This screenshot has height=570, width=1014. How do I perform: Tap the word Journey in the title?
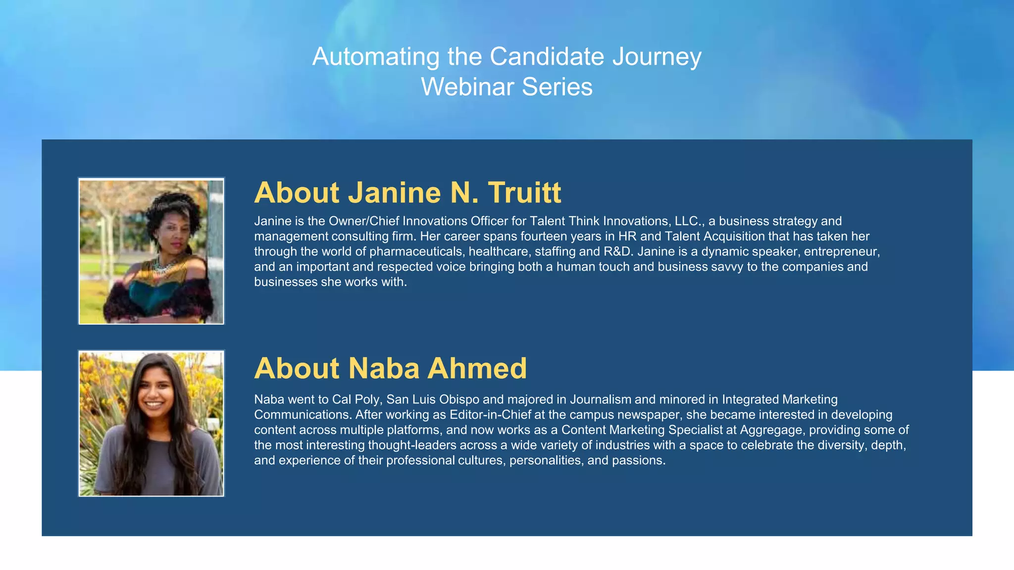[657, 57]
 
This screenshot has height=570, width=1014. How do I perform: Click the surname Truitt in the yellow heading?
[524, 192]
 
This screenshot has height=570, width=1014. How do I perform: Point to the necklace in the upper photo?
[166, 268]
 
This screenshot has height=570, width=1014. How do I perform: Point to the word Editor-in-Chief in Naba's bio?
[490, 415]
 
